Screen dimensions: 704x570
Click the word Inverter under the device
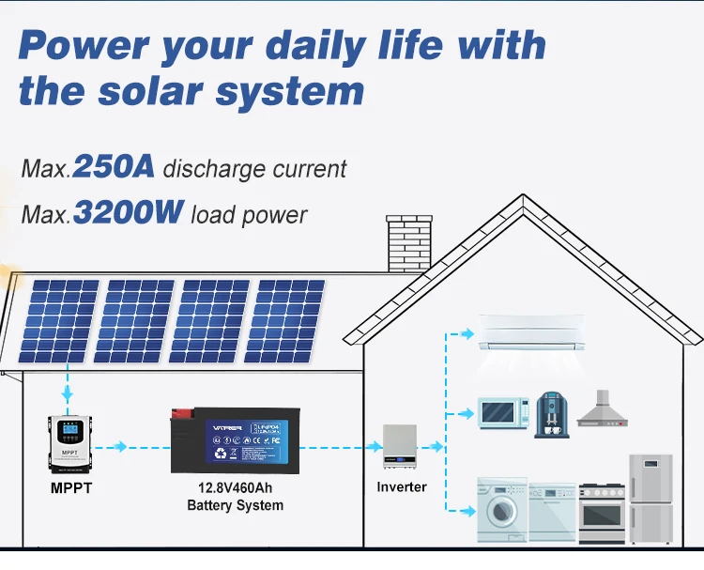402,486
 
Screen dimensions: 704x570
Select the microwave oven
504,414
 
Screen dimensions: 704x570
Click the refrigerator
650,498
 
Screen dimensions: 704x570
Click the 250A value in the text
114,167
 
